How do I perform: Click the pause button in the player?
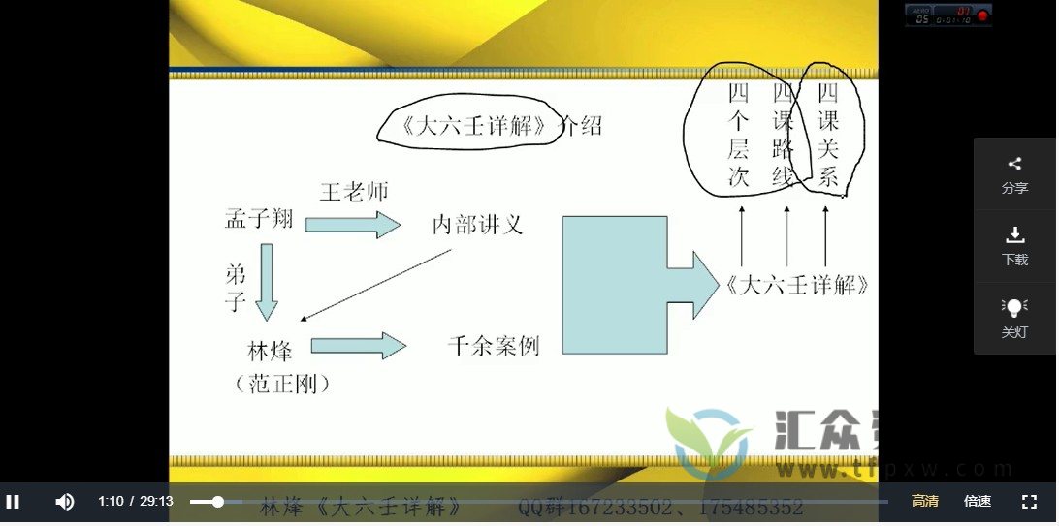(13, 501)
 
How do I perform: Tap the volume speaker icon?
(65, 501)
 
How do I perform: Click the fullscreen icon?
(1030, 501)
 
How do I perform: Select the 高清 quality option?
(924, 501)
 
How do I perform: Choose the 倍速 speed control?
(977, 501)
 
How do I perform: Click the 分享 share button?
(1014, 174)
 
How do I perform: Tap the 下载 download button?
(1014, 246)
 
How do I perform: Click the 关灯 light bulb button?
(1014, 318)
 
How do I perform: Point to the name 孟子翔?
(258, 220)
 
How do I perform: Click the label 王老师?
(354, 192)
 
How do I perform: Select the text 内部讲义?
(477, 225)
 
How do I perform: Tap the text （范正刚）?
(283, 385)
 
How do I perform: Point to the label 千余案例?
(494, 346)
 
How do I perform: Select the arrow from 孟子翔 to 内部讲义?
(352, 225)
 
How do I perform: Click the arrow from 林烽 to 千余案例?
(357, 346)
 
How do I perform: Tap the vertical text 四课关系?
(827, 135)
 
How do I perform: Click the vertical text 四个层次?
(739, 135)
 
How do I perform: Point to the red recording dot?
(982, 15)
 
